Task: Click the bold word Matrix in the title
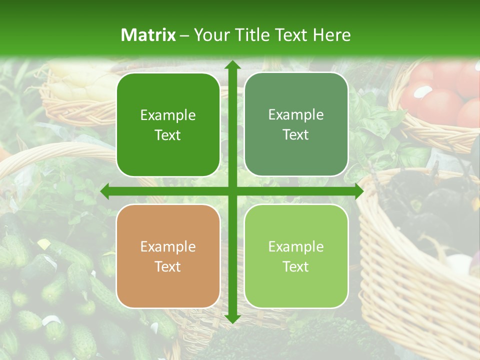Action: click(148, 35)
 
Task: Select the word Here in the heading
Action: click(332, 35)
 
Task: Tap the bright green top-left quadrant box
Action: click(168, 125)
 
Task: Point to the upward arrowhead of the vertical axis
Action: click(232, 65)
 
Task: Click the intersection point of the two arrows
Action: click(232, 191)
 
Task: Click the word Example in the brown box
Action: click(168, 247)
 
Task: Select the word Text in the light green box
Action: click(296, 266)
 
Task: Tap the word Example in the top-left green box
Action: click(168, 115)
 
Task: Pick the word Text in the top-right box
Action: click(296, 135)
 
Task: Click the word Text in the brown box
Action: click(168, 266)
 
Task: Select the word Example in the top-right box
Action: click(296, 115)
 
